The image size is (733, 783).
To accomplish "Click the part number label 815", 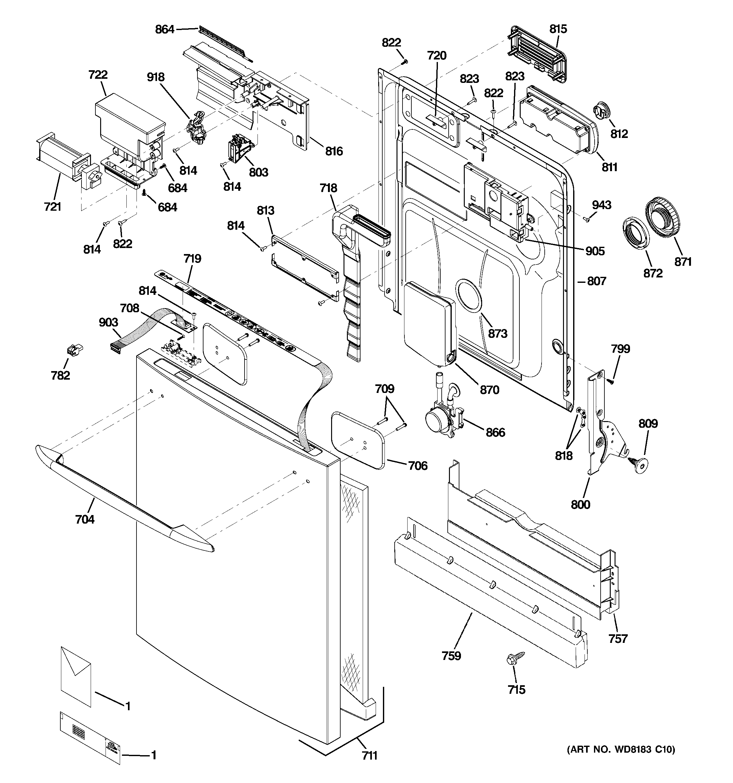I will [558, 29].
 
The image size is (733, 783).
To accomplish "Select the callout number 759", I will [451, 656].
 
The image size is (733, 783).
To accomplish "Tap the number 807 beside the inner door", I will [597, 281].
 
